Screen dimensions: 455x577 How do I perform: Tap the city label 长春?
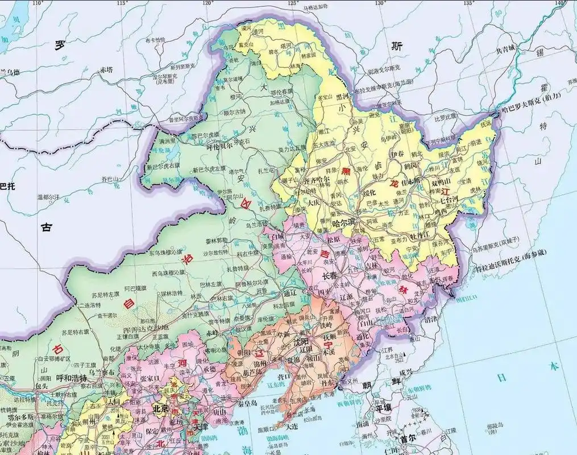(x=330, y=275)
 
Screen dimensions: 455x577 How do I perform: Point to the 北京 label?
(x=160, y=408)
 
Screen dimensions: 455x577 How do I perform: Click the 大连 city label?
(x=292, y=425)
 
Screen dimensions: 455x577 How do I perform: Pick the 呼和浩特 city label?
(x=72, y=379)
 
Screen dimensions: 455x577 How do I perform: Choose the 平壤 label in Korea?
(x=384, y=408)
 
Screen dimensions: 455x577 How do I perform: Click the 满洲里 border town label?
(x=169, y=140)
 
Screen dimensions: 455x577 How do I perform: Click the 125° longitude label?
(x=293, y=3)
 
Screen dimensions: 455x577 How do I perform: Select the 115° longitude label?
(x=122, y=3)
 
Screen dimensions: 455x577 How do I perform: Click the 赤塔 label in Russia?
(x=106, y=70)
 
